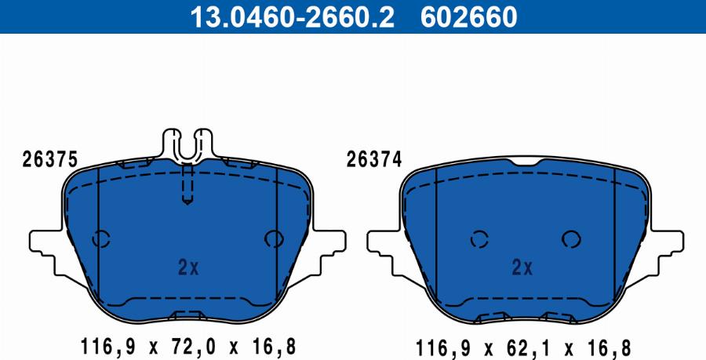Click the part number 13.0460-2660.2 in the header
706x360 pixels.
292,17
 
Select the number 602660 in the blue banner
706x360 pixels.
469,17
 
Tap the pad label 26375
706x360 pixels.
50,159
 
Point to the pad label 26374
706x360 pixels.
373,159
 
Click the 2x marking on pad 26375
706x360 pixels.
188,268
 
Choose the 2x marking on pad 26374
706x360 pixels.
522,268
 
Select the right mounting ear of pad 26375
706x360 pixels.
329,252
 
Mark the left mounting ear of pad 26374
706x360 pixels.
383,252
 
